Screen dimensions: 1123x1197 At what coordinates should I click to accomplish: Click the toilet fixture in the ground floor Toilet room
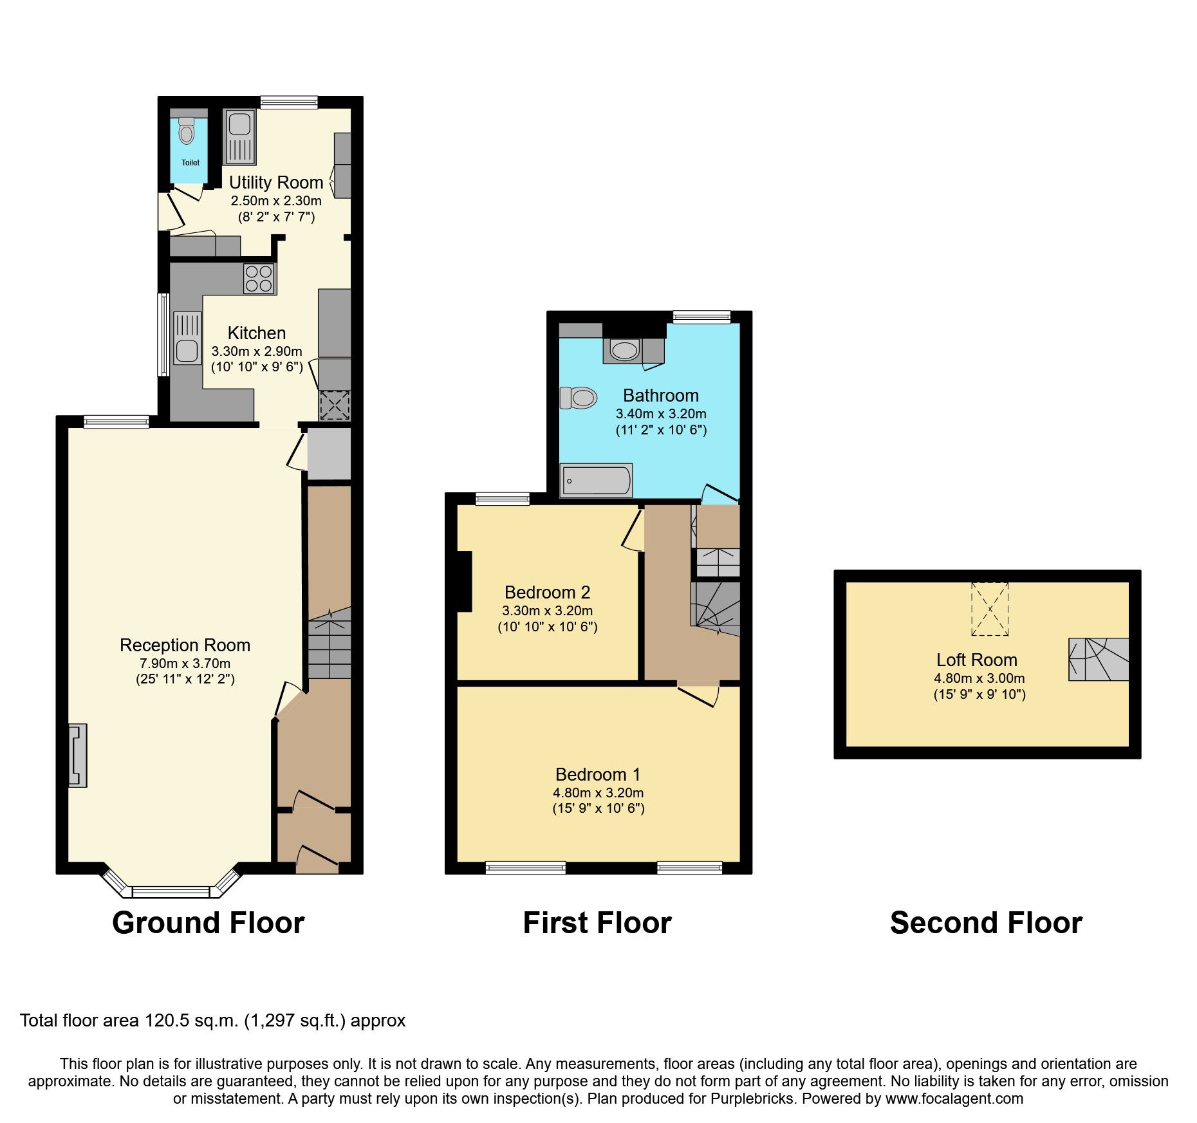click(187, 132)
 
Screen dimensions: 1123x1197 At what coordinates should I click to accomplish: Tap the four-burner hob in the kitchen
click(259, 279)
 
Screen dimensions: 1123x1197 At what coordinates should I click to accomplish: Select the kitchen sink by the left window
click(187, 337)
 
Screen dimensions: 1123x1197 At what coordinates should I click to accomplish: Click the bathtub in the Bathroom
click(596, 481)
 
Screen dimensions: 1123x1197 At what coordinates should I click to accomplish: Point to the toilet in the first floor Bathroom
click(579, 397)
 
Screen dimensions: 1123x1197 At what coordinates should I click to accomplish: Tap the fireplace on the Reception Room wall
click(78, 756)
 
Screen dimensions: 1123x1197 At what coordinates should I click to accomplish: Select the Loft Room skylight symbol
click(990, 609)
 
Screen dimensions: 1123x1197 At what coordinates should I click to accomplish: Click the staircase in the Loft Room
click(1099, 659)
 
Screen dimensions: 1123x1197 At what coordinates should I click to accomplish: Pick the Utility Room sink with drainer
click(240, 136)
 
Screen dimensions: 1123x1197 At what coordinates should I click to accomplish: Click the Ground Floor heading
click(208, 922)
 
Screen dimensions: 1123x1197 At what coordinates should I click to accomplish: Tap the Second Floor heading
click(986, 922)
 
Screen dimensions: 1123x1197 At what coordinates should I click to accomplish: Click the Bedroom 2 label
click(547, 592)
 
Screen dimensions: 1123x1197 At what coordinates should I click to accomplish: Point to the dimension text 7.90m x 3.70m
click(185, 663)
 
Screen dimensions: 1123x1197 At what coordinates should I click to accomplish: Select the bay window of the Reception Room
click(171, 891)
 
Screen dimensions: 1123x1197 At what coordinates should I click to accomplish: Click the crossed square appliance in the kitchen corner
click(335, 405)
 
